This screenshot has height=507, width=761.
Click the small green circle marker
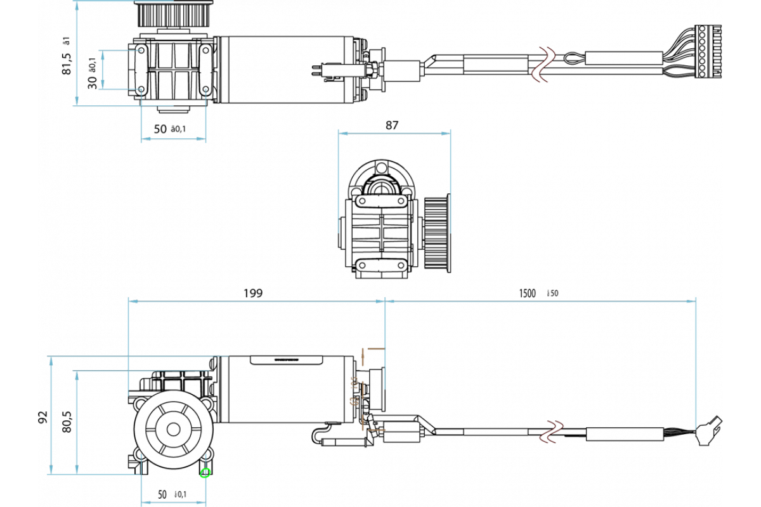[x=205, y=473]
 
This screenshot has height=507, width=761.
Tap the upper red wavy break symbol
[x=543, y=65]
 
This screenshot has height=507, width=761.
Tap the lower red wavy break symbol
[x=551, y=432]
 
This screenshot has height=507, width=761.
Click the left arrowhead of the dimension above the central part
[x=343, y=133]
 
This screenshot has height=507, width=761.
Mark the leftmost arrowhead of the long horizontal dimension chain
[x=133, y=301]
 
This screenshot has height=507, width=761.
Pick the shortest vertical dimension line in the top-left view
[x=103, y=70]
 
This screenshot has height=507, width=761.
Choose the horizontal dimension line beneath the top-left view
[x=173, y=139]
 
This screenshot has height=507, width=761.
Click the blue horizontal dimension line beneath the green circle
[x=173, y=503]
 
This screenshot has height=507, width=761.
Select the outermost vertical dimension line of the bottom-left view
[x=51, y=415]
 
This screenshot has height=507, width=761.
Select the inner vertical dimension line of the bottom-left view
[x=77, y=421]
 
